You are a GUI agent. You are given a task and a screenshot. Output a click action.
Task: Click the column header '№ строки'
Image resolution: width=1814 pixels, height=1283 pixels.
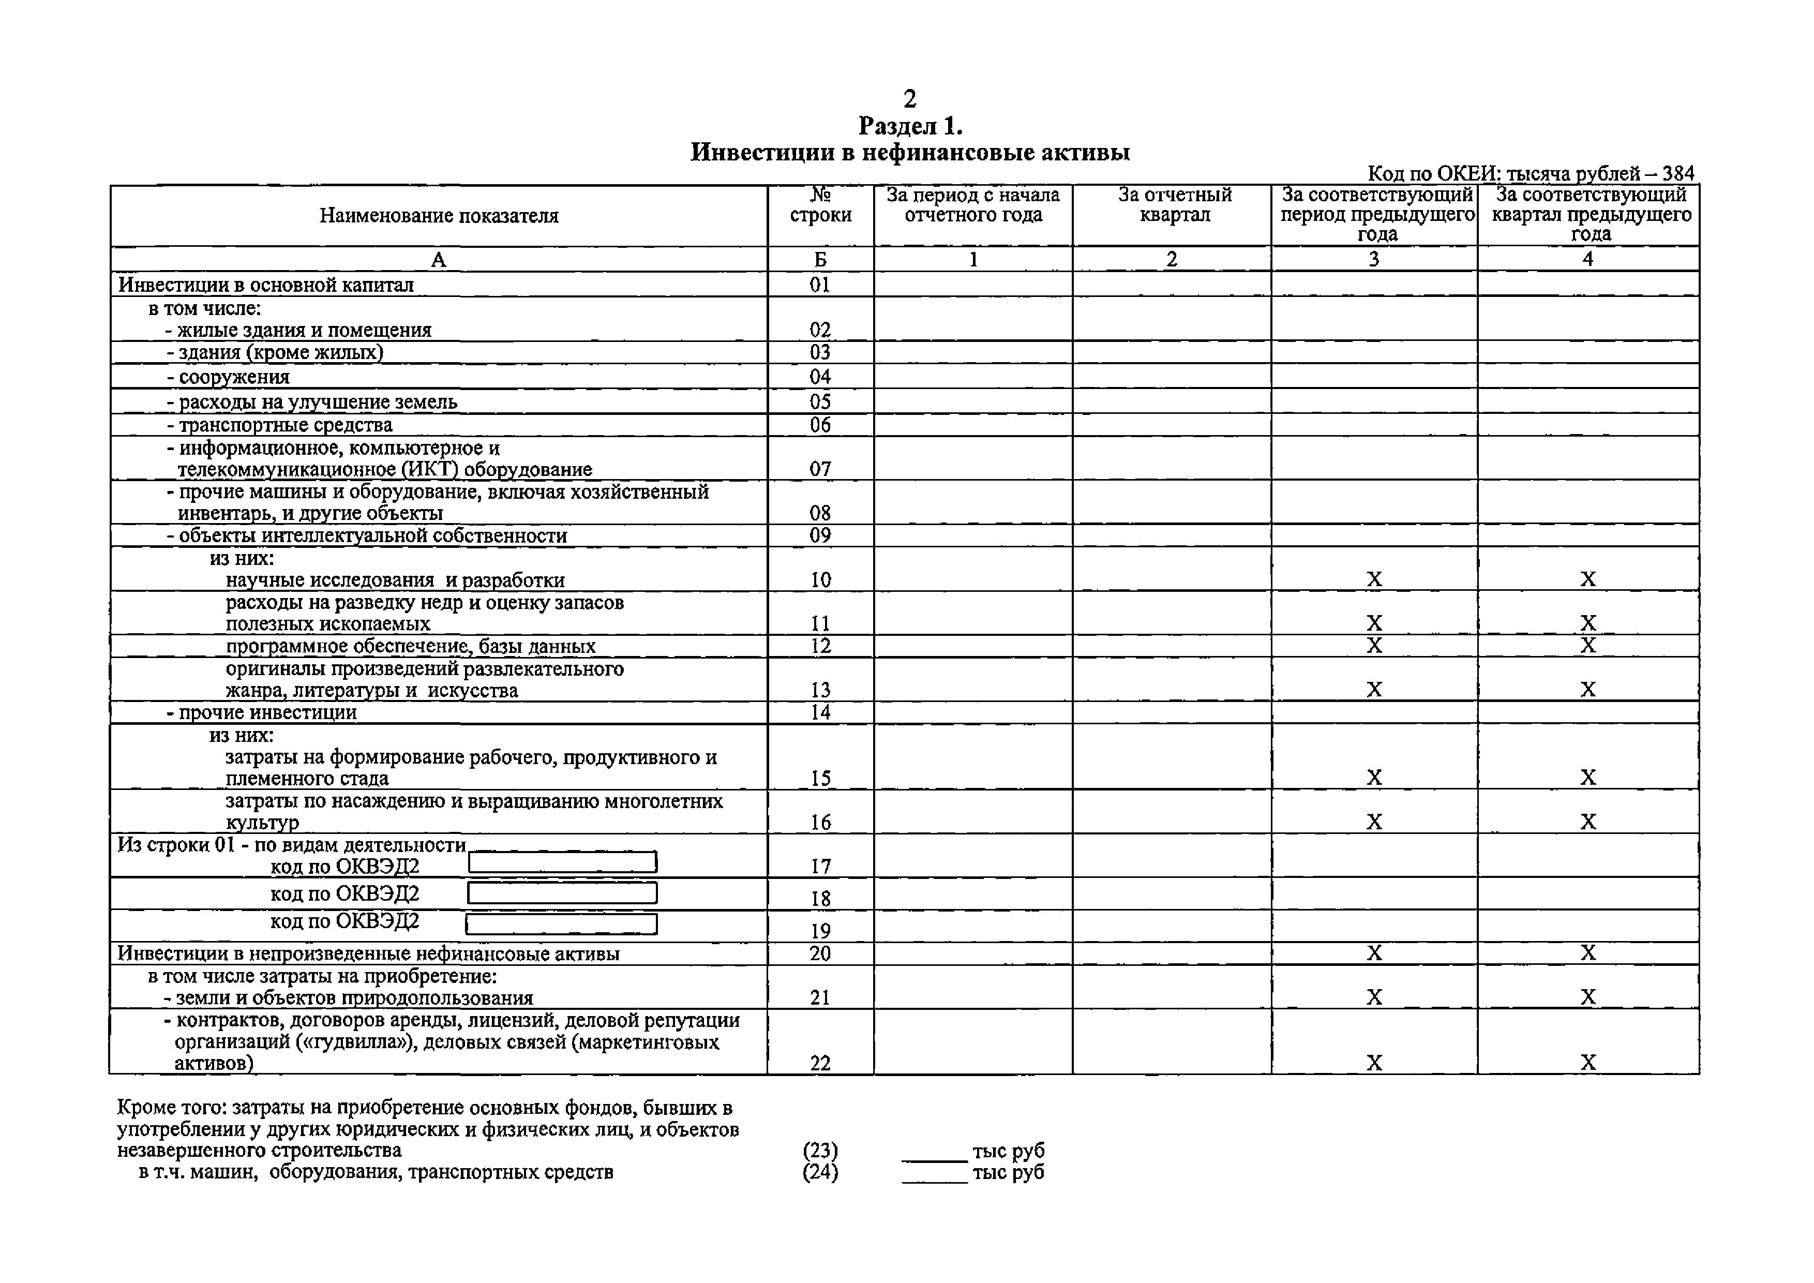pyautogui.click(x=820, y=205)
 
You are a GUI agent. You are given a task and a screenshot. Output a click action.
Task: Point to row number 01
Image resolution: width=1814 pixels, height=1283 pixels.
pyautogui.click(x=820, y=285)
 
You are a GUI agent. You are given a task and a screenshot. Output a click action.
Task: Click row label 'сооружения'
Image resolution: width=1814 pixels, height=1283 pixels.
pyautogui.click(x=234, y=377)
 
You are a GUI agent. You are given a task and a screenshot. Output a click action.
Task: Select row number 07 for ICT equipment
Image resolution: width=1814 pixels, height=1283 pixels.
pyautogui.click(x=820, y=469)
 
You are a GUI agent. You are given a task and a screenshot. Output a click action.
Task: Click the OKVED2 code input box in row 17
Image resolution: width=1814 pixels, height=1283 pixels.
pyautogui.click(x=563, y=862)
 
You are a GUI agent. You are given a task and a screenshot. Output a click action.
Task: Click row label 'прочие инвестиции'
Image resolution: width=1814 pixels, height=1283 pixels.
pyautogui.click(x=267, y=712)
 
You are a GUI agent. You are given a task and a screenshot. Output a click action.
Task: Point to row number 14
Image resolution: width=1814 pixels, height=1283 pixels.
pyautogui.click(x=820, y=712)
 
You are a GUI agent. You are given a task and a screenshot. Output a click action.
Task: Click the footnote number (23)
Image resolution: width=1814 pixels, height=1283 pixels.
pyautogui.click(x=820, y=1150)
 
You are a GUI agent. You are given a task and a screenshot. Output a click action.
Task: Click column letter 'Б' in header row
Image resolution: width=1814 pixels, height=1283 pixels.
pyautogui.click(x=820, y=259)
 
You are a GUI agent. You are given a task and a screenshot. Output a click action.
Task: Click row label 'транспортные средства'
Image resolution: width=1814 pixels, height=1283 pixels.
pyautogui.click(x=284, y=425)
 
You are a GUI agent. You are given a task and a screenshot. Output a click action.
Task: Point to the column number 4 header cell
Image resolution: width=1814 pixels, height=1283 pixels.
pyautogui.click(x=1588, y=259)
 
